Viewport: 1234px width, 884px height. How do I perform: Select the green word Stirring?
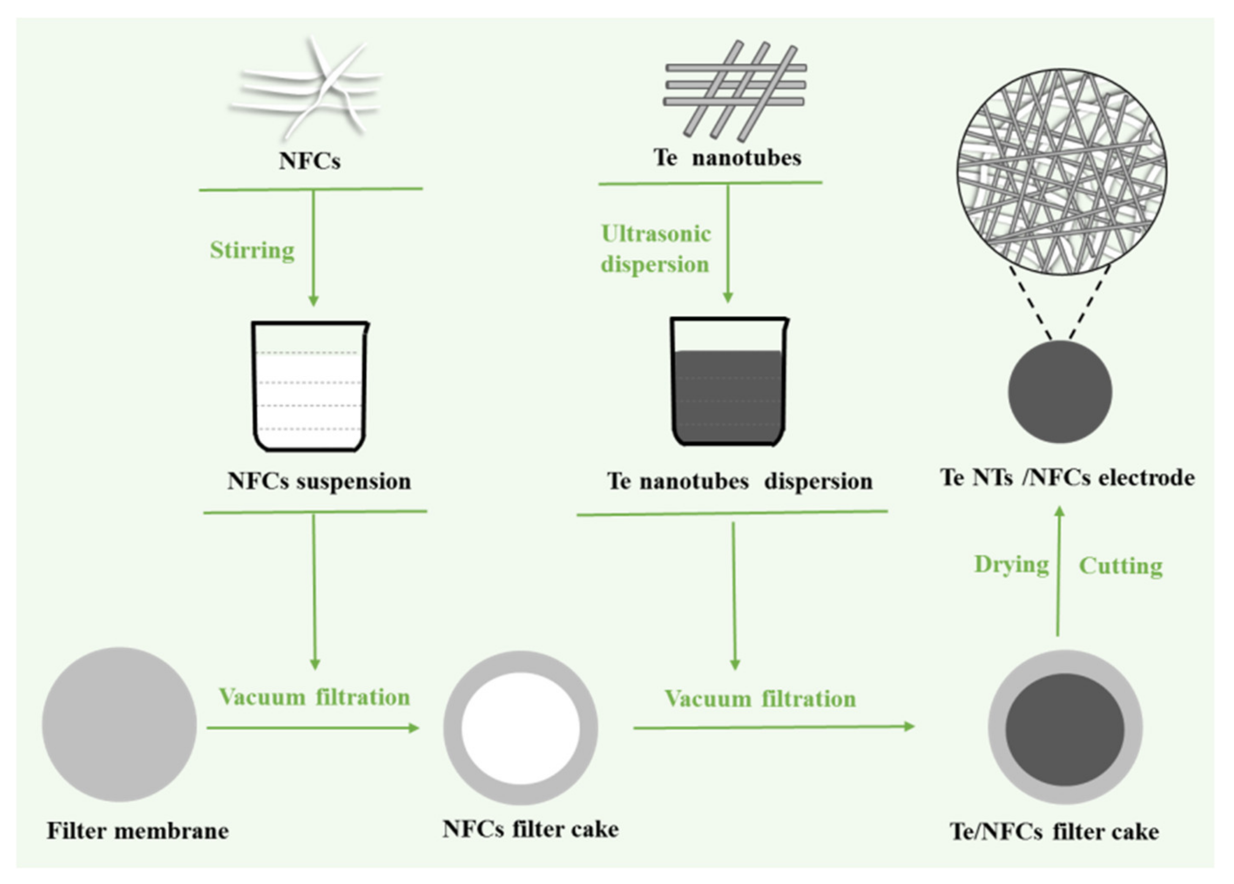click(x=252, y=251)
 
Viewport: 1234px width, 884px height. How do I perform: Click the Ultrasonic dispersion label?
click(x=655, y=249)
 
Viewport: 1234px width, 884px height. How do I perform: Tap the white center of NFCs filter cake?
click(x=521, y=728)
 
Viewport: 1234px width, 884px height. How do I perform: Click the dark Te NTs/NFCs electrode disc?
click(x=1059, y=392)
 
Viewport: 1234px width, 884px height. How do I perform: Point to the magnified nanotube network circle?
click(x=1062, y=172)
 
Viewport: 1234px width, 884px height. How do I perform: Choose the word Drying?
click(x=1011, y=565)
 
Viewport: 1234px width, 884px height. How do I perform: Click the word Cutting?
click(x=1120, y=566)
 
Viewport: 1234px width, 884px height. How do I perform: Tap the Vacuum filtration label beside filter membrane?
click(x=314, y=697)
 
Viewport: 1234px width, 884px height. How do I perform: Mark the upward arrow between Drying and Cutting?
click(x=1058, y=571)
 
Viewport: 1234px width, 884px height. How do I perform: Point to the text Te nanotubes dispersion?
click(x=740, y=481)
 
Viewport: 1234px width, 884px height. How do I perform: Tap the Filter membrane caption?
click(x=138, y=831)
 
